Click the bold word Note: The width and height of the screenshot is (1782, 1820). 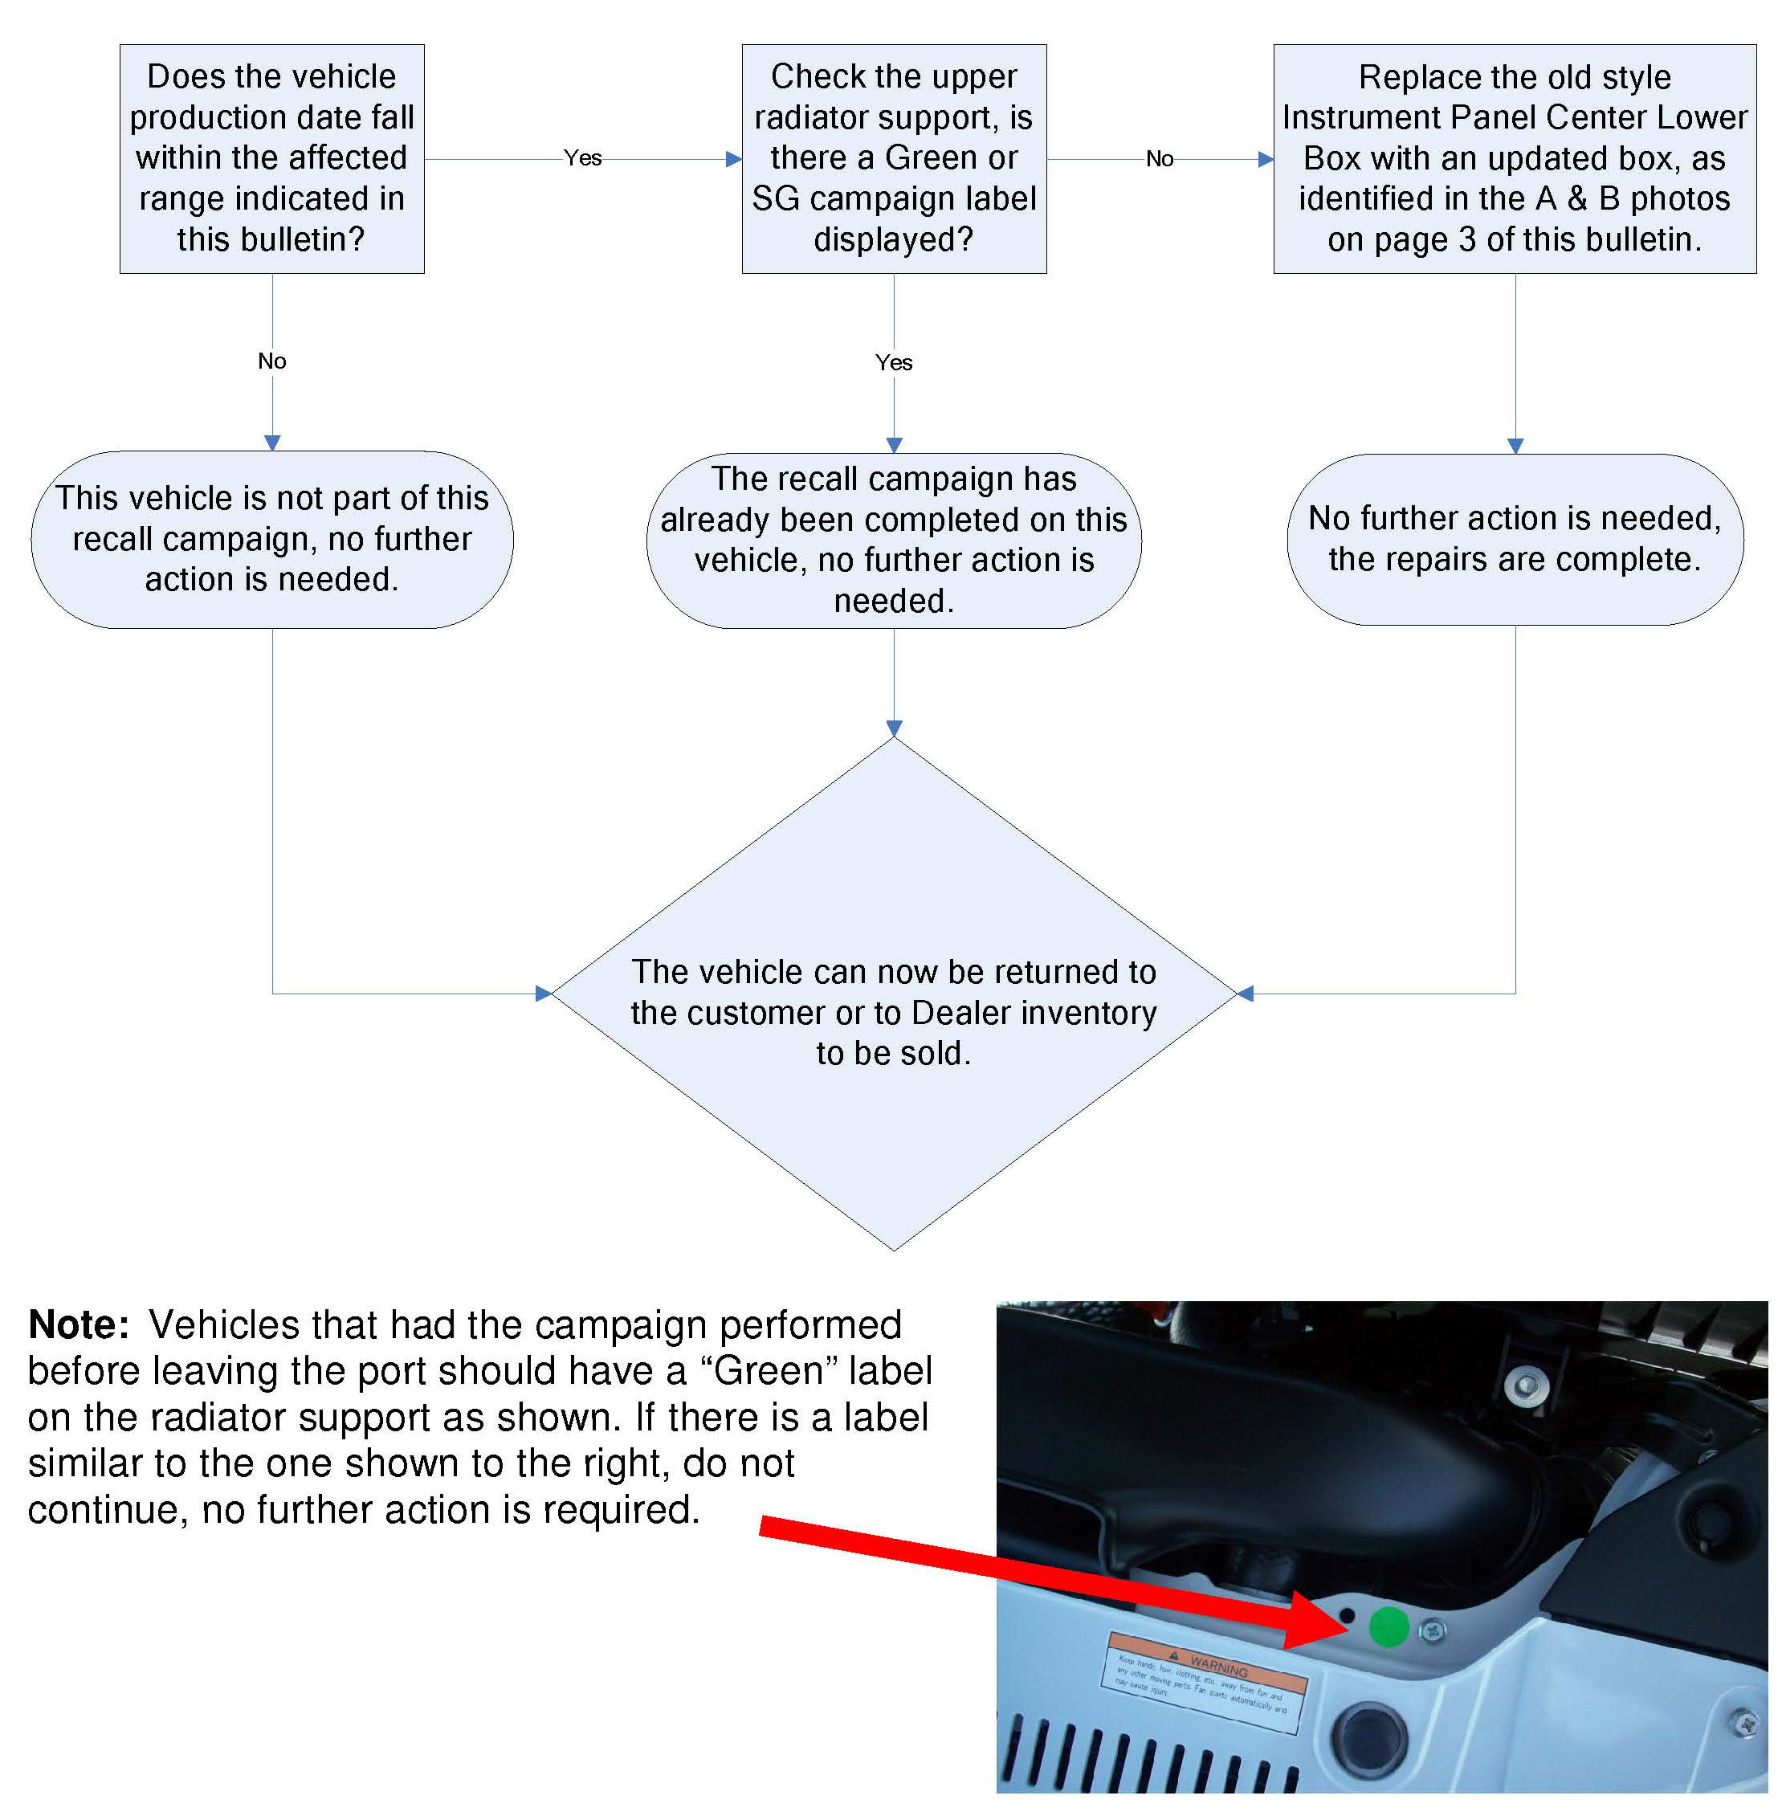[79, 1324]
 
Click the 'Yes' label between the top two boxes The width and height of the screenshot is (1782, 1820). [582, 158]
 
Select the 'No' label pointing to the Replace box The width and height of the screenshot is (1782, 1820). [1160, 159]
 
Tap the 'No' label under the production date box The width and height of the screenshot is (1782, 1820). [271, 361]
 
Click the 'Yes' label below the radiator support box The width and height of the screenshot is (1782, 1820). [894, 362]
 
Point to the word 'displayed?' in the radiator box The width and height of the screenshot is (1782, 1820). [893, 239]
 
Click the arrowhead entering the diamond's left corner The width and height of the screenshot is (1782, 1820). [544, 994]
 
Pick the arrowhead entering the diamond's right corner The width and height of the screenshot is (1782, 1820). [1245, 994]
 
